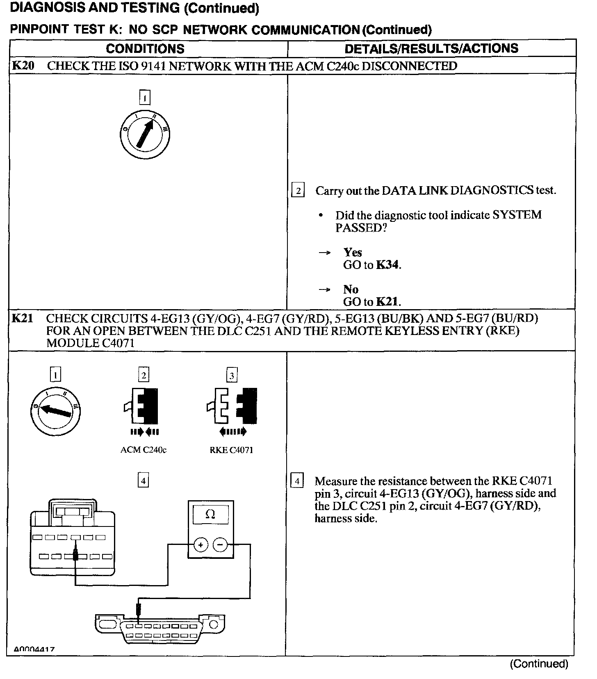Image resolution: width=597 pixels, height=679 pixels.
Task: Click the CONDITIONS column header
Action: tap(145, 49)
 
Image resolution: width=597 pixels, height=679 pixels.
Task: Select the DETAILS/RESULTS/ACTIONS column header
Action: tap(431, 48)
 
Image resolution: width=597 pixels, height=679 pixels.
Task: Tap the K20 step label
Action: tap(23, 66)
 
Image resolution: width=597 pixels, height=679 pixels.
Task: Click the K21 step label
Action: tap(23, 319)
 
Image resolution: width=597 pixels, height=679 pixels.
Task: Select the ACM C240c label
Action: tap(144, 450)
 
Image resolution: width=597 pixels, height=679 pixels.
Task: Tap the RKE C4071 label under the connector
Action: tap(231, 450)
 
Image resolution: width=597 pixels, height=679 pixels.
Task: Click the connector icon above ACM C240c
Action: tap(143, 406)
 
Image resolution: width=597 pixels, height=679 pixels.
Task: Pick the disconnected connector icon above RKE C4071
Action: tap(232, 406)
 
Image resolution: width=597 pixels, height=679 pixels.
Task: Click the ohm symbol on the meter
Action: tap(210, 514)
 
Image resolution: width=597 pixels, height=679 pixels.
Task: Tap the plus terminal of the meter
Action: tap(201, 545)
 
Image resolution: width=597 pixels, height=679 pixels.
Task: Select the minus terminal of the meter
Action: tap(220, 545)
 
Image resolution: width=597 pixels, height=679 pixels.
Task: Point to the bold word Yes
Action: tap(353, 253)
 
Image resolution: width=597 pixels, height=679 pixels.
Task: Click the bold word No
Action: tap(351, 289)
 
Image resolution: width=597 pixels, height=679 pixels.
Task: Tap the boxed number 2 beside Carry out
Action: tap(298, 191)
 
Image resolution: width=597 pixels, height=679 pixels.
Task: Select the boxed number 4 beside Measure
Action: tap(297, 481)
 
